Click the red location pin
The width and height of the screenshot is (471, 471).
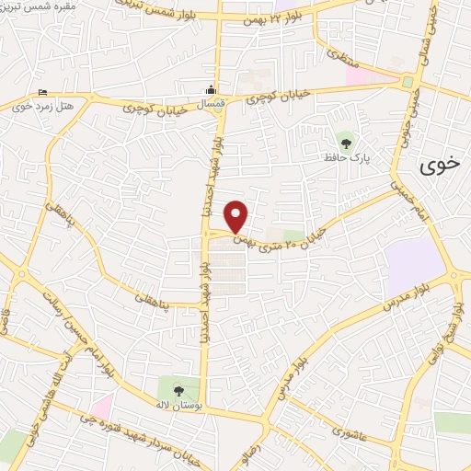[236, 216]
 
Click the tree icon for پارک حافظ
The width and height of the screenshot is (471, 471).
[346, 143]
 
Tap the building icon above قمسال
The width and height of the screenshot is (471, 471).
[213, 90]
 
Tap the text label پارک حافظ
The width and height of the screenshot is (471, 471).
[346, 158]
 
